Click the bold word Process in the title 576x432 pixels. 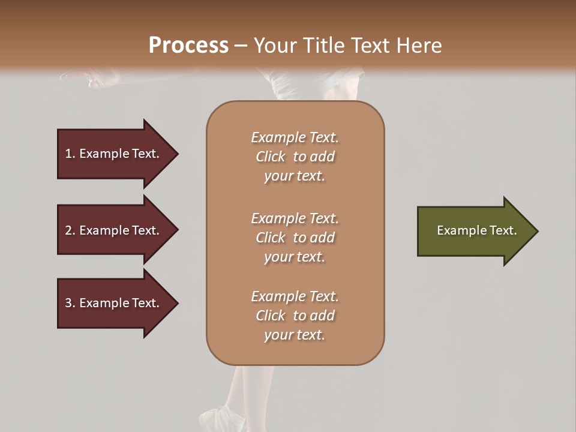click(x=188, y=46)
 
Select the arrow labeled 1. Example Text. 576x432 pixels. click(x=114, y=154)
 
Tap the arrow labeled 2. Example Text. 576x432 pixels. click(x=114, y=230)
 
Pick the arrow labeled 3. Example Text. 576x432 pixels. click(x=114, y=303)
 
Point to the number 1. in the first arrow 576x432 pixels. click(x=70, y=154)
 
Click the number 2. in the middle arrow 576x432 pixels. click(x=70, y=230)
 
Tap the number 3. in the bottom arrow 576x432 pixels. click(x=70, y=303)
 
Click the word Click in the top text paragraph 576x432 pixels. click(x=271, y=157)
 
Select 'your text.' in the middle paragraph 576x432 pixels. click(x=294, y=257)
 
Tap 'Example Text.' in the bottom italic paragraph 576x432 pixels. click(x=295, y=296)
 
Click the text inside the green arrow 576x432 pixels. click(x=477, y=230)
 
